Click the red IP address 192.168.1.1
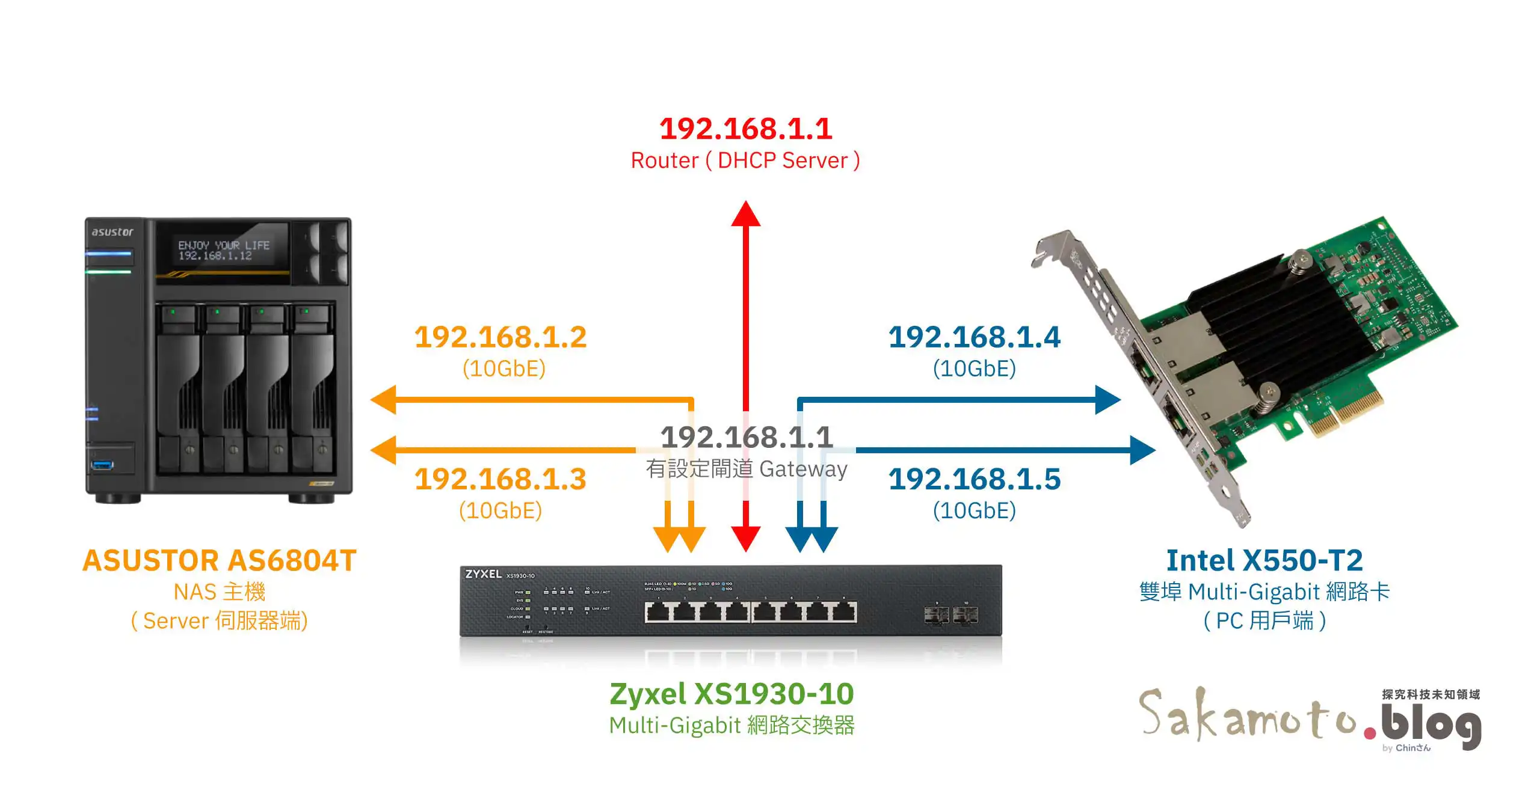coord(746,129)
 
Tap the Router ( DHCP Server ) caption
coord(745,161)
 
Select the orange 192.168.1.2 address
coord(500,337)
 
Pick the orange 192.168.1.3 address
coord(500,479)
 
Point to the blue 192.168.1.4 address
coord(975,337)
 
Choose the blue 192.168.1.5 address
coord(975,479)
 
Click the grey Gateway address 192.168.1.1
coord(747,437)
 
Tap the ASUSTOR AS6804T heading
coord(220,560)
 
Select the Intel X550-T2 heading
coord(1264,560)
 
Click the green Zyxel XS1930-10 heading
coord(731,694)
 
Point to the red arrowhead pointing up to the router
coord(746,213)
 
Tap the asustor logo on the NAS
coord(112,232)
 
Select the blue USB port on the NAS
coord(102,464)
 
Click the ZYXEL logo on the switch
coord(483,574)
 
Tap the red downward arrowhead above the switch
coord(746,538)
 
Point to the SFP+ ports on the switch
coord(950,615)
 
